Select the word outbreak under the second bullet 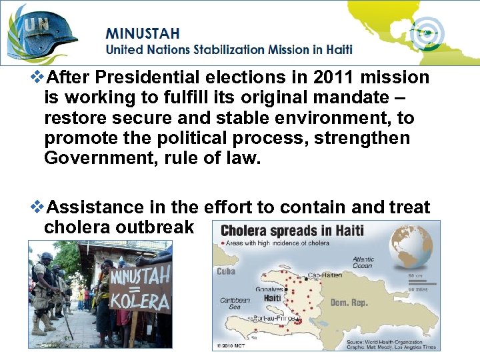click(155, 227)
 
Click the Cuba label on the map click(226, 271)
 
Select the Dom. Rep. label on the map click(349, 303)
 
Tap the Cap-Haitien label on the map click(325, 275)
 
